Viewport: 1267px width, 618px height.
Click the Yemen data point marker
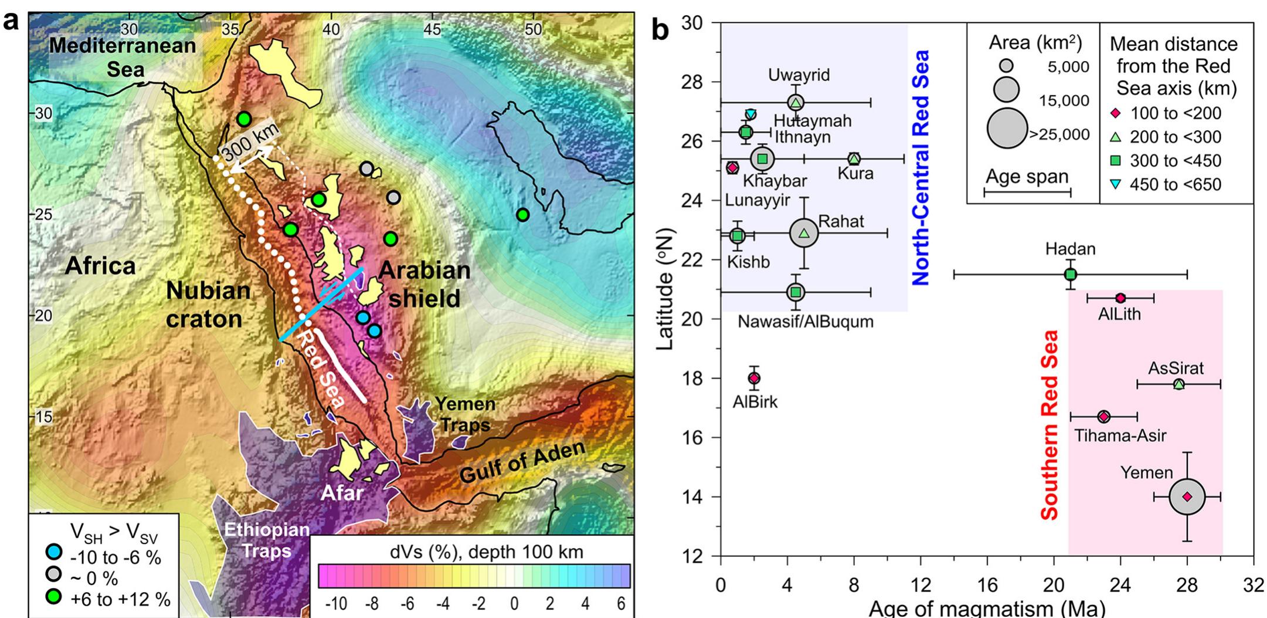1187,497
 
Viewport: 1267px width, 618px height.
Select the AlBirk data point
754,378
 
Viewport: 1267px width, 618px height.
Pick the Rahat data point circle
804,233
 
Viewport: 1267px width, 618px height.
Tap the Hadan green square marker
1070,274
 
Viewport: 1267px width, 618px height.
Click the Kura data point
854,158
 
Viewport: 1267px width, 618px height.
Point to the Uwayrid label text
799,75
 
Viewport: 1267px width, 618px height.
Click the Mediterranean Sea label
123,57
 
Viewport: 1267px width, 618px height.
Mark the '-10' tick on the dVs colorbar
336,604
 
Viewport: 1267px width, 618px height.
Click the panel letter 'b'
660,29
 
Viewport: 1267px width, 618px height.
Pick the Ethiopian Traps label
267,540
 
